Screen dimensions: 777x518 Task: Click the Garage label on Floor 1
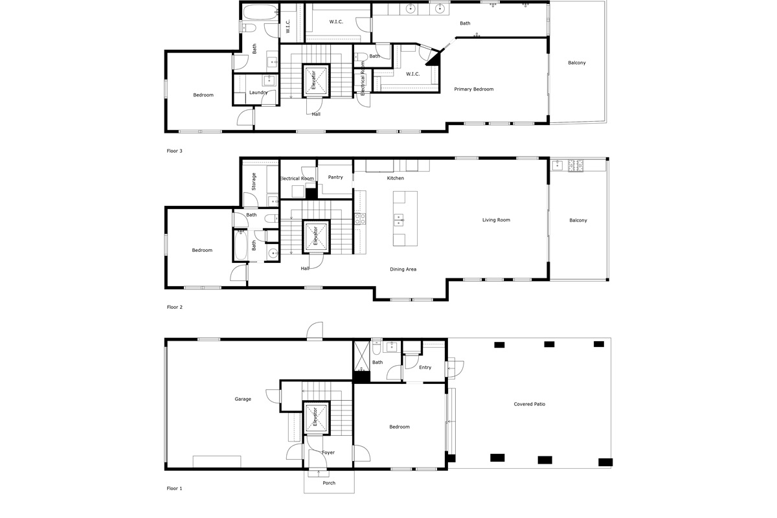[x=243, y=399]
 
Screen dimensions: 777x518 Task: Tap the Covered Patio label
[x=530, y=404]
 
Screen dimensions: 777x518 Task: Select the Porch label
[x=329, y=482]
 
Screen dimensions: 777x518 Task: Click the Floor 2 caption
[x=174, y=307]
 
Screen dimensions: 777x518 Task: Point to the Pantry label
[x=335, y=177]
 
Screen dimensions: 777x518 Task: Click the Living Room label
[x=496, y=220]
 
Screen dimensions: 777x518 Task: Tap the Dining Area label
[x=403, y=269]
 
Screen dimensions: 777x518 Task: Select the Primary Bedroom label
[x=474, y=89]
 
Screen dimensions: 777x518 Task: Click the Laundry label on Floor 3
[x=258, y=93]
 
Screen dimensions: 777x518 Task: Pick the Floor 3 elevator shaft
[x=316, y=80]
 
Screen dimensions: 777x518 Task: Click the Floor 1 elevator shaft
[x=315, y=418]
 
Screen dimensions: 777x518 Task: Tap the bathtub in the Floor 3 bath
[x=260, y=12]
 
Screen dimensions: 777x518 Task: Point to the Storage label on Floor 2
[x=254, y=181]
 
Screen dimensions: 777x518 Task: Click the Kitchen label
[x=396, y=178]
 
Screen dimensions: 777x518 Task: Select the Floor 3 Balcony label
[x=577, y=63]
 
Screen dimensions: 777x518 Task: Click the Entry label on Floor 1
[x=425, y=367]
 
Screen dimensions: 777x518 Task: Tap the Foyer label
[x=328, y=453]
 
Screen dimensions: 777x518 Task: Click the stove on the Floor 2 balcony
[x=576, y=165]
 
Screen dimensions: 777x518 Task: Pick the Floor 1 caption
[x=174, y=488]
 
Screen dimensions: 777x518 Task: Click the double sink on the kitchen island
[x=399, y=220]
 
